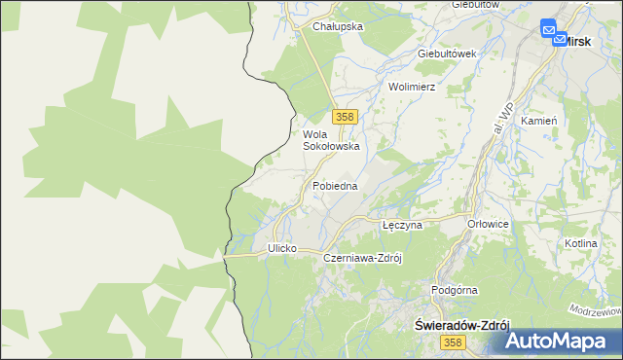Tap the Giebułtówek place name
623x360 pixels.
(x=446, y=54)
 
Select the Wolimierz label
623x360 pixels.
(x=411, y=87)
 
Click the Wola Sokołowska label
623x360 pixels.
(x=331, y=140)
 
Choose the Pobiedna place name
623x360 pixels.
(x=335, y=185)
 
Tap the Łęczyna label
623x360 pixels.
(x=401, y=225)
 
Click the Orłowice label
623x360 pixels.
(x=488, y=224)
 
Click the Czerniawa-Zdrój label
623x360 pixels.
(x=362, y=259)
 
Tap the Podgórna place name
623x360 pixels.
(x=454, y=290)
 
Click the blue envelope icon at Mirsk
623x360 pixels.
(x=550, y=33)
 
